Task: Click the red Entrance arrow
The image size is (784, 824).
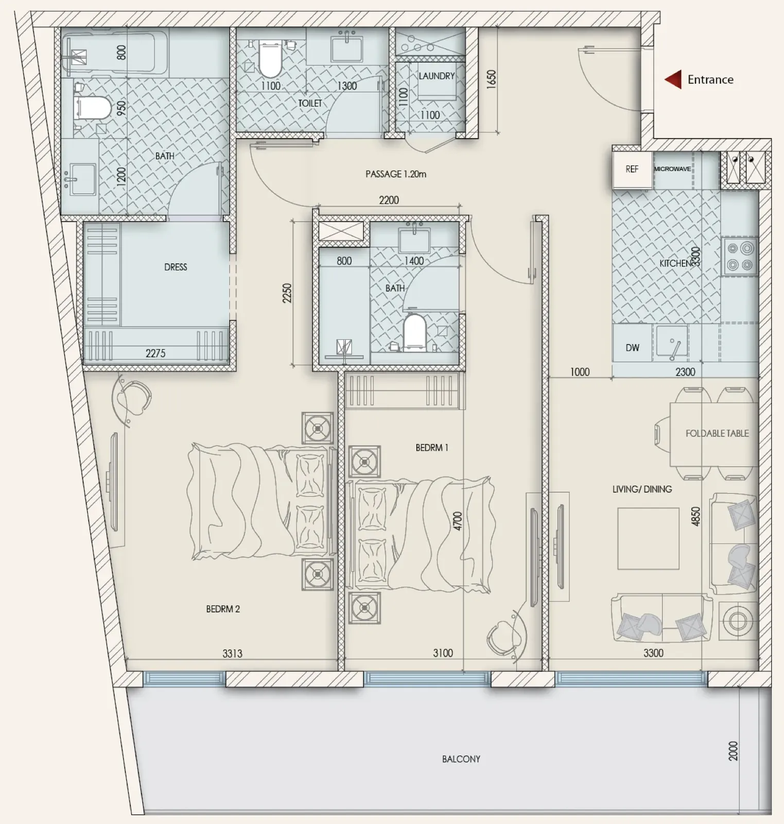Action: click(x=673, y=80)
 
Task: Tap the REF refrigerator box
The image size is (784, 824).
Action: click(x=632, y=169)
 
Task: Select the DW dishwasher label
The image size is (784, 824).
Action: click(x=633, y=348)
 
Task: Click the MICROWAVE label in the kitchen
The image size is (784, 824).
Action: click(x=672, y=169)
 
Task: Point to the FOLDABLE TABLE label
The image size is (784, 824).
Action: click(x=717, y=434)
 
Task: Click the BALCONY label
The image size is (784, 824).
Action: click(x=461, y=759)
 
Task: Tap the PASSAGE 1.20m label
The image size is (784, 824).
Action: click(x=396, y=174)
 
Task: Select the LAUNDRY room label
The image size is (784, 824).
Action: click(x=437, y=76)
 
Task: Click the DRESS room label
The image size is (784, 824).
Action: click(x=176, y=267)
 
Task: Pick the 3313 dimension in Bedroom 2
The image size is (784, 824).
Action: click(x=232, y=654)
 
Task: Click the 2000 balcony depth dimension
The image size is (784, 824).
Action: click(x=734, y=751)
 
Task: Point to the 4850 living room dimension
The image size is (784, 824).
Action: click(x=696, y=517)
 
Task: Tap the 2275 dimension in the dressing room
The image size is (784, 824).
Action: click(x=155, y=353)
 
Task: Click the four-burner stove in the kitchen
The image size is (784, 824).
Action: click(x=740, y=257)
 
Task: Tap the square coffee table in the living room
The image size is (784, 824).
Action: click(x=648, y=538)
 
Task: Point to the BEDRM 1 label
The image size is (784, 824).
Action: click(x=432, y=448)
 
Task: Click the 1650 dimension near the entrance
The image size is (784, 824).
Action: click(x=491, y=79)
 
